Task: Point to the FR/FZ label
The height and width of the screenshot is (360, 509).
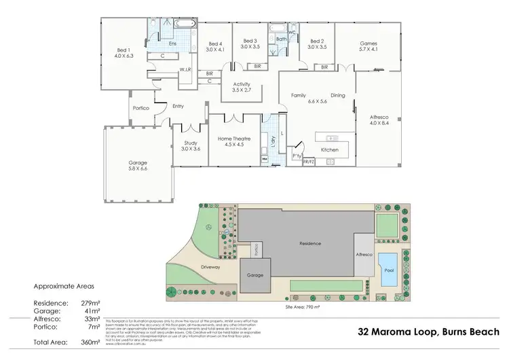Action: pos(309,162)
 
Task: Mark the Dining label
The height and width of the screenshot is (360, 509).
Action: pos(338,96)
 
